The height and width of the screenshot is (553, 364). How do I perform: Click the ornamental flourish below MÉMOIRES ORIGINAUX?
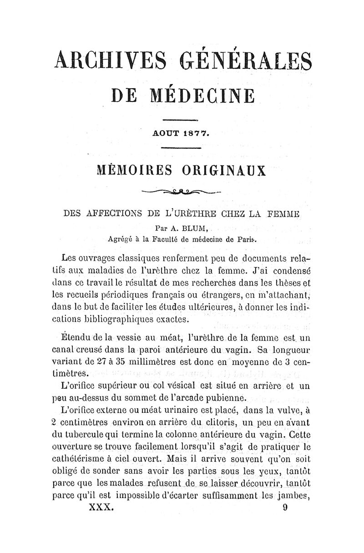[182, 191]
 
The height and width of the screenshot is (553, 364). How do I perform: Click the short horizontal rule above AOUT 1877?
[181, 120]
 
